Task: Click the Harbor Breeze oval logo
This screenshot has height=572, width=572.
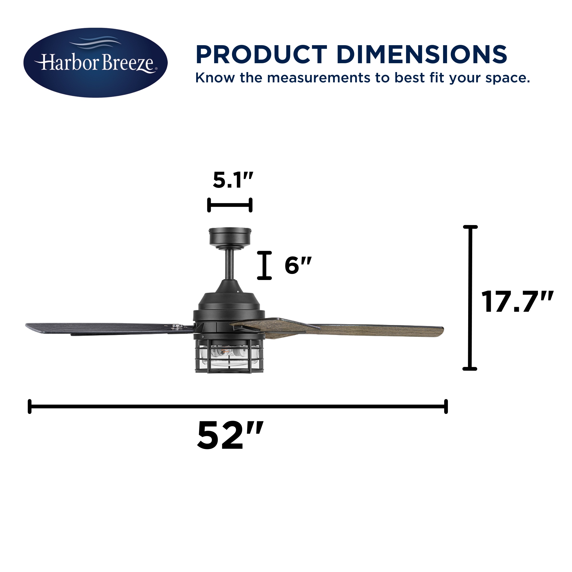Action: pos(95,62)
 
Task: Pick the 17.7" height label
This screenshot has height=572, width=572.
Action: pos(517,302)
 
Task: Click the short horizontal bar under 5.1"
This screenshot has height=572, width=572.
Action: pos(230,205)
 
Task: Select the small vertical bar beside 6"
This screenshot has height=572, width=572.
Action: pos(264,265)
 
